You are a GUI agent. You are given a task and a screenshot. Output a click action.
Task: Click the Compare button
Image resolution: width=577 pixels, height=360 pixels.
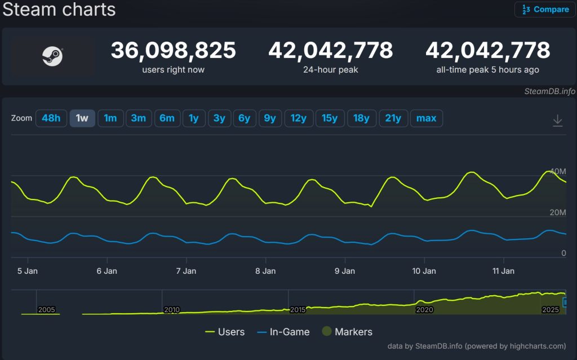545,10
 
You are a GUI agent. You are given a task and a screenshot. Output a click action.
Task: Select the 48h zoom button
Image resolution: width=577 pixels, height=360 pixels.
51,118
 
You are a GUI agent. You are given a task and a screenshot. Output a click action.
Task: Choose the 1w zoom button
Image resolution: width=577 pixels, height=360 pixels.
82,118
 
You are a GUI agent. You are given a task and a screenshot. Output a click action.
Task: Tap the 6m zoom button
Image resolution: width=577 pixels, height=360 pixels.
167,118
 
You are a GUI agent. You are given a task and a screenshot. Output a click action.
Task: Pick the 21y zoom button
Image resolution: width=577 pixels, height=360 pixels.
393,118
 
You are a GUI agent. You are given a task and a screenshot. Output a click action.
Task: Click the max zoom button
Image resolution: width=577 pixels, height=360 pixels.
427,118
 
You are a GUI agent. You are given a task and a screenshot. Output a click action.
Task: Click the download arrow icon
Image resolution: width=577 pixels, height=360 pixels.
557,120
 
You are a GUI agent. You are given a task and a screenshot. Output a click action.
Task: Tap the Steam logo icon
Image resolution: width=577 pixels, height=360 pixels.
52,56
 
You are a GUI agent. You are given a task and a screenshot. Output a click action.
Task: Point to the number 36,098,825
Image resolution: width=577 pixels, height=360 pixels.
173,51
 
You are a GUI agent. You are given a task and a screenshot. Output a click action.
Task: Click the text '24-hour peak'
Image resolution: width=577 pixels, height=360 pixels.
330,70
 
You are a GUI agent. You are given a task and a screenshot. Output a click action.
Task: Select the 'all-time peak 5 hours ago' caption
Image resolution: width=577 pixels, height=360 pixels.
487,70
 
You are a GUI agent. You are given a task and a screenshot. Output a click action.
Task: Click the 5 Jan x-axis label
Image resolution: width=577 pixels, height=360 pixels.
28,271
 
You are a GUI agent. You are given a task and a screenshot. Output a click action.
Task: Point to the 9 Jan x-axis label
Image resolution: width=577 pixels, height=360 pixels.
345,271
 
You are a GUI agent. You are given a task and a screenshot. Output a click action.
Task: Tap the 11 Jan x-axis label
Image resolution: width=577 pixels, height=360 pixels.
503,271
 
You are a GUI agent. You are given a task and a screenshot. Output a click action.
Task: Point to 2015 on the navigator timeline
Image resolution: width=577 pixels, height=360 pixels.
298,310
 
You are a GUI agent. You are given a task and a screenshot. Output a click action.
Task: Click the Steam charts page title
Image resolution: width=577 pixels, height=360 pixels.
59,10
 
